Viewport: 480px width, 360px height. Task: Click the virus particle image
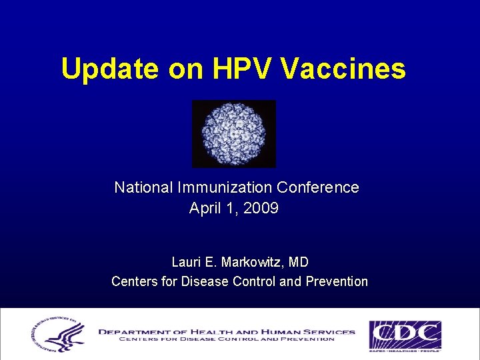tap(233, 134)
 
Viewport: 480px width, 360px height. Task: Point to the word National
tap(142, 188)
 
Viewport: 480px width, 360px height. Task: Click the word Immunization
tap(223, 188)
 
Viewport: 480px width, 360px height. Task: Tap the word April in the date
tap(204, 209)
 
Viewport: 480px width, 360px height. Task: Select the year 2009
tap(261, 209)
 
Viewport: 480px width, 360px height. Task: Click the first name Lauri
tap(188, 262)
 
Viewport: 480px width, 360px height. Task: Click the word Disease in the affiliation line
tap(205, 281)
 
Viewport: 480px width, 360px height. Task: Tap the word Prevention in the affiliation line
tap(336, 281)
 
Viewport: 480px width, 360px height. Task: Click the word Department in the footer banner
tap(135, 331)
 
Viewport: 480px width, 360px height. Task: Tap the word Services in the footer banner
tap(328, 331)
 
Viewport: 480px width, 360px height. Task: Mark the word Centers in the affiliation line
tap(135, 281)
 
